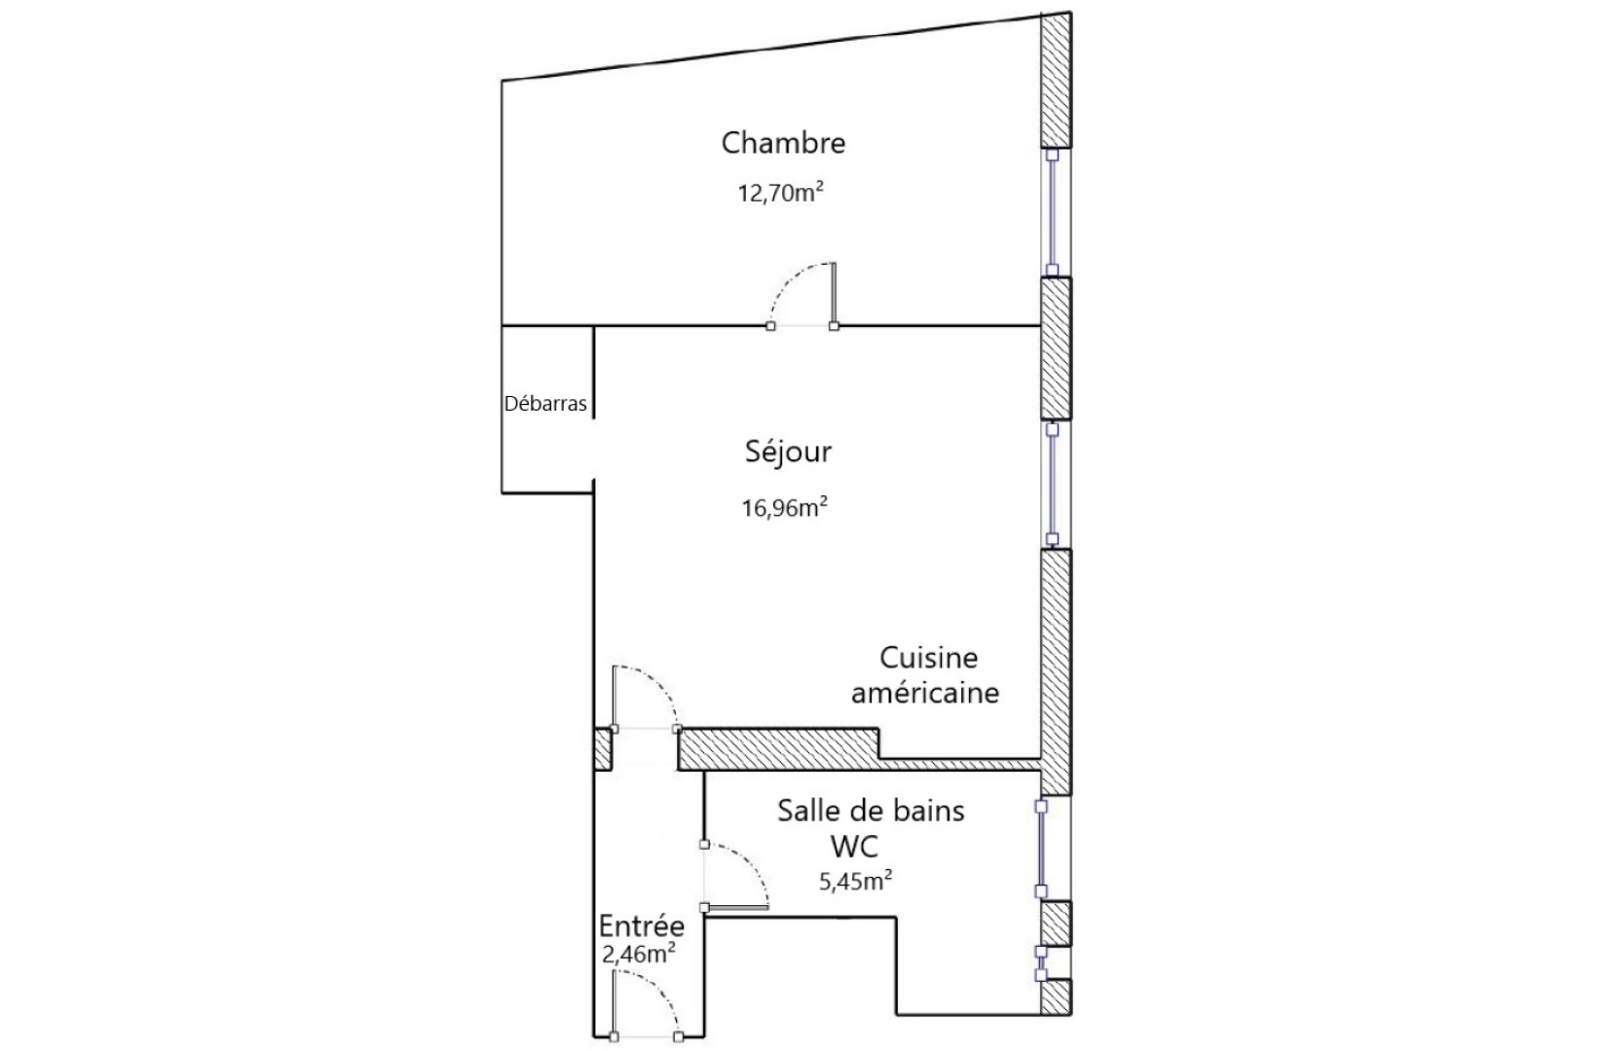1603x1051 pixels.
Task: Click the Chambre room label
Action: tap(783, 143)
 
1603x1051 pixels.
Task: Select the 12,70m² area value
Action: tap(780, 192)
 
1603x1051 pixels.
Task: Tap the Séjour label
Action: tap(788, 452)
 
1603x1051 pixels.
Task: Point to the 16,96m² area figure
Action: tap(784, 507)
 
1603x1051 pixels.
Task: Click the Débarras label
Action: tap(545, 404)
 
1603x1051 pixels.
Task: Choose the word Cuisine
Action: tap(928, 658)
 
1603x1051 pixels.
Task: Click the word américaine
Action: tap(925, 693)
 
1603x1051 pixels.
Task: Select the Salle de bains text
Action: tap(871, 811)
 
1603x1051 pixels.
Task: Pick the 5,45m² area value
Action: tap(856, 882)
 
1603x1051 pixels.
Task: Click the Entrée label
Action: tap(641, 926)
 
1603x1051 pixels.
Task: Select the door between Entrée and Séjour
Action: tap(644, 697)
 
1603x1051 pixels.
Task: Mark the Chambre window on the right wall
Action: tap(1052, 211)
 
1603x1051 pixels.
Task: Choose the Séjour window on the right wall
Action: tap(1052, 483)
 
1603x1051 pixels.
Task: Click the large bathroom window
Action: tap(1041, 848)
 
